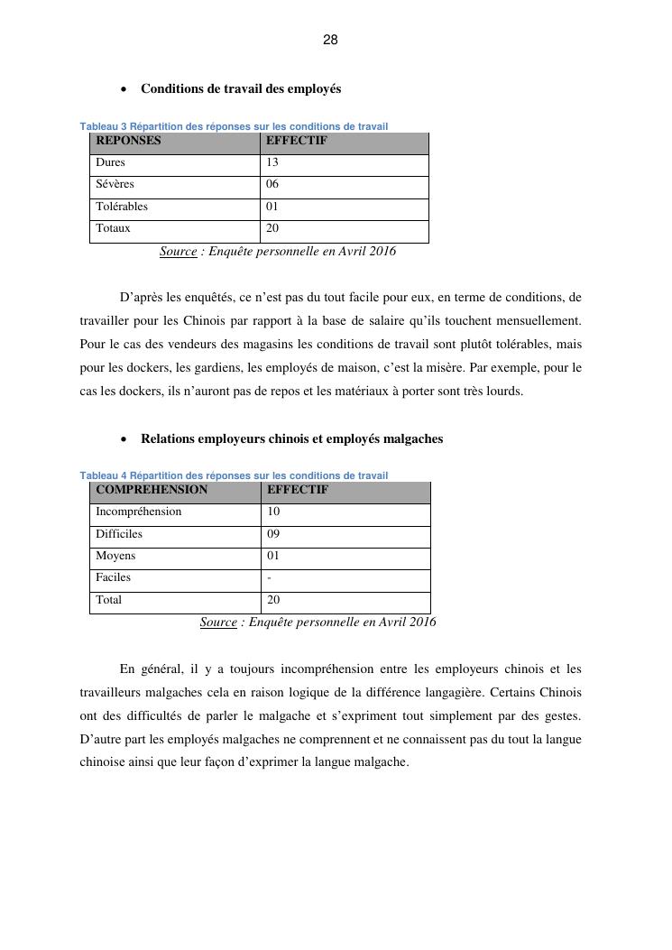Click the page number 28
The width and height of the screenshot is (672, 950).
pos(330,41)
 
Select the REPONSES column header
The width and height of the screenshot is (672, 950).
pos(128,141)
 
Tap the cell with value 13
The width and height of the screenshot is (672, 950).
pos(272,162)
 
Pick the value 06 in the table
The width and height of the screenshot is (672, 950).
pos(272,184)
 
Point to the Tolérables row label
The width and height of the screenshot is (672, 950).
pos(122,206)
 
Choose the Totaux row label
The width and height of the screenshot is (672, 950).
pos(113,228)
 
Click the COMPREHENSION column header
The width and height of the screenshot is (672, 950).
pos(152,490)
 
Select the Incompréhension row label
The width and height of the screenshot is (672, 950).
pos(138,512)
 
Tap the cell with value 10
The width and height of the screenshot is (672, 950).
pos(274,512)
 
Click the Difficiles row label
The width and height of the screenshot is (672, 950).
pos(119,533)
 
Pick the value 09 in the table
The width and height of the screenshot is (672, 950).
pos(274,533)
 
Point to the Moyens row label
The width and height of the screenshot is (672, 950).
pos(115,556)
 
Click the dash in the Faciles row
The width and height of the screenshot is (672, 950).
pos(270,577)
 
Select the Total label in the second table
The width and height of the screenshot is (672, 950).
pos(108,599)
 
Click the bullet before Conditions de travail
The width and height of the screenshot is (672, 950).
pos(123,90)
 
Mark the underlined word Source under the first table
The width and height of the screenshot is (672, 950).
pos(178,252)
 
